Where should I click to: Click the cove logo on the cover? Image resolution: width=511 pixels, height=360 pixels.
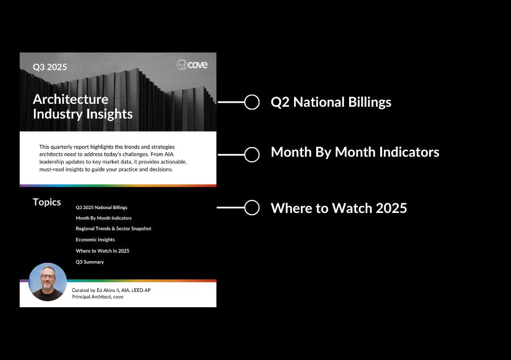point(192,65)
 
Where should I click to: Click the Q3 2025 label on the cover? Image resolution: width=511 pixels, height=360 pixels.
point(50,67)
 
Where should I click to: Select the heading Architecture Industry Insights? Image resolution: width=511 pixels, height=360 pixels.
point(83,107)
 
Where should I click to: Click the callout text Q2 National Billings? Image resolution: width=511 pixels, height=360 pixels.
point(331,102)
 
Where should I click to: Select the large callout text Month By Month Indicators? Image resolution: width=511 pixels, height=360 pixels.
point(355,152)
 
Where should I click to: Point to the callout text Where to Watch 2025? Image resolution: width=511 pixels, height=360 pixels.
point(339,208)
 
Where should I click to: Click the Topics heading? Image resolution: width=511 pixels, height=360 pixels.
point(47,202)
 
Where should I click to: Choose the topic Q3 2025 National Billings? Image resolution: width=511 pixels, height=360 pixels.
point(102,207)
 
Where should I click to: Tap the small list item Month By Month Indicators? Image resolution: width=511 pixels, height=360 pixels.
point(104,218)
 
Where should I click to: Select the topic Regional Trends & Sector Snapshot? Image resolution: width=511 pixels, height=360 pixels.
point(114,229)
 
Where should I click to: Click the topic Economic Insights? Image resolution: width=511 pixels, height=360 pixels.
point(95,240)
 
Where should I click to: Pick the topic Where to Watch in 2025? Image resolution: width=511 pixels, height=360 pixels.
point(103,251)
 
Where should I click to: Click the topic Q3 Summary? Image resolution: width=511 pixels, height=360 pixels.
point(90,262)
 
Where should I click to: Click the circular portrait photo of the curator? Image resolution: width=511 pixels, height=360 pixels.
point(48,282)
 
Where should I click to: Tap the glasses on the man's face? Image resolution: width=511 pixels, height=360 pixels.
point(48,277)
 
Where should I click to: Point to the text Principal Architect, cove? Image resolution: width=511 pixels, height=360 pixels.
point(98,297)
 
